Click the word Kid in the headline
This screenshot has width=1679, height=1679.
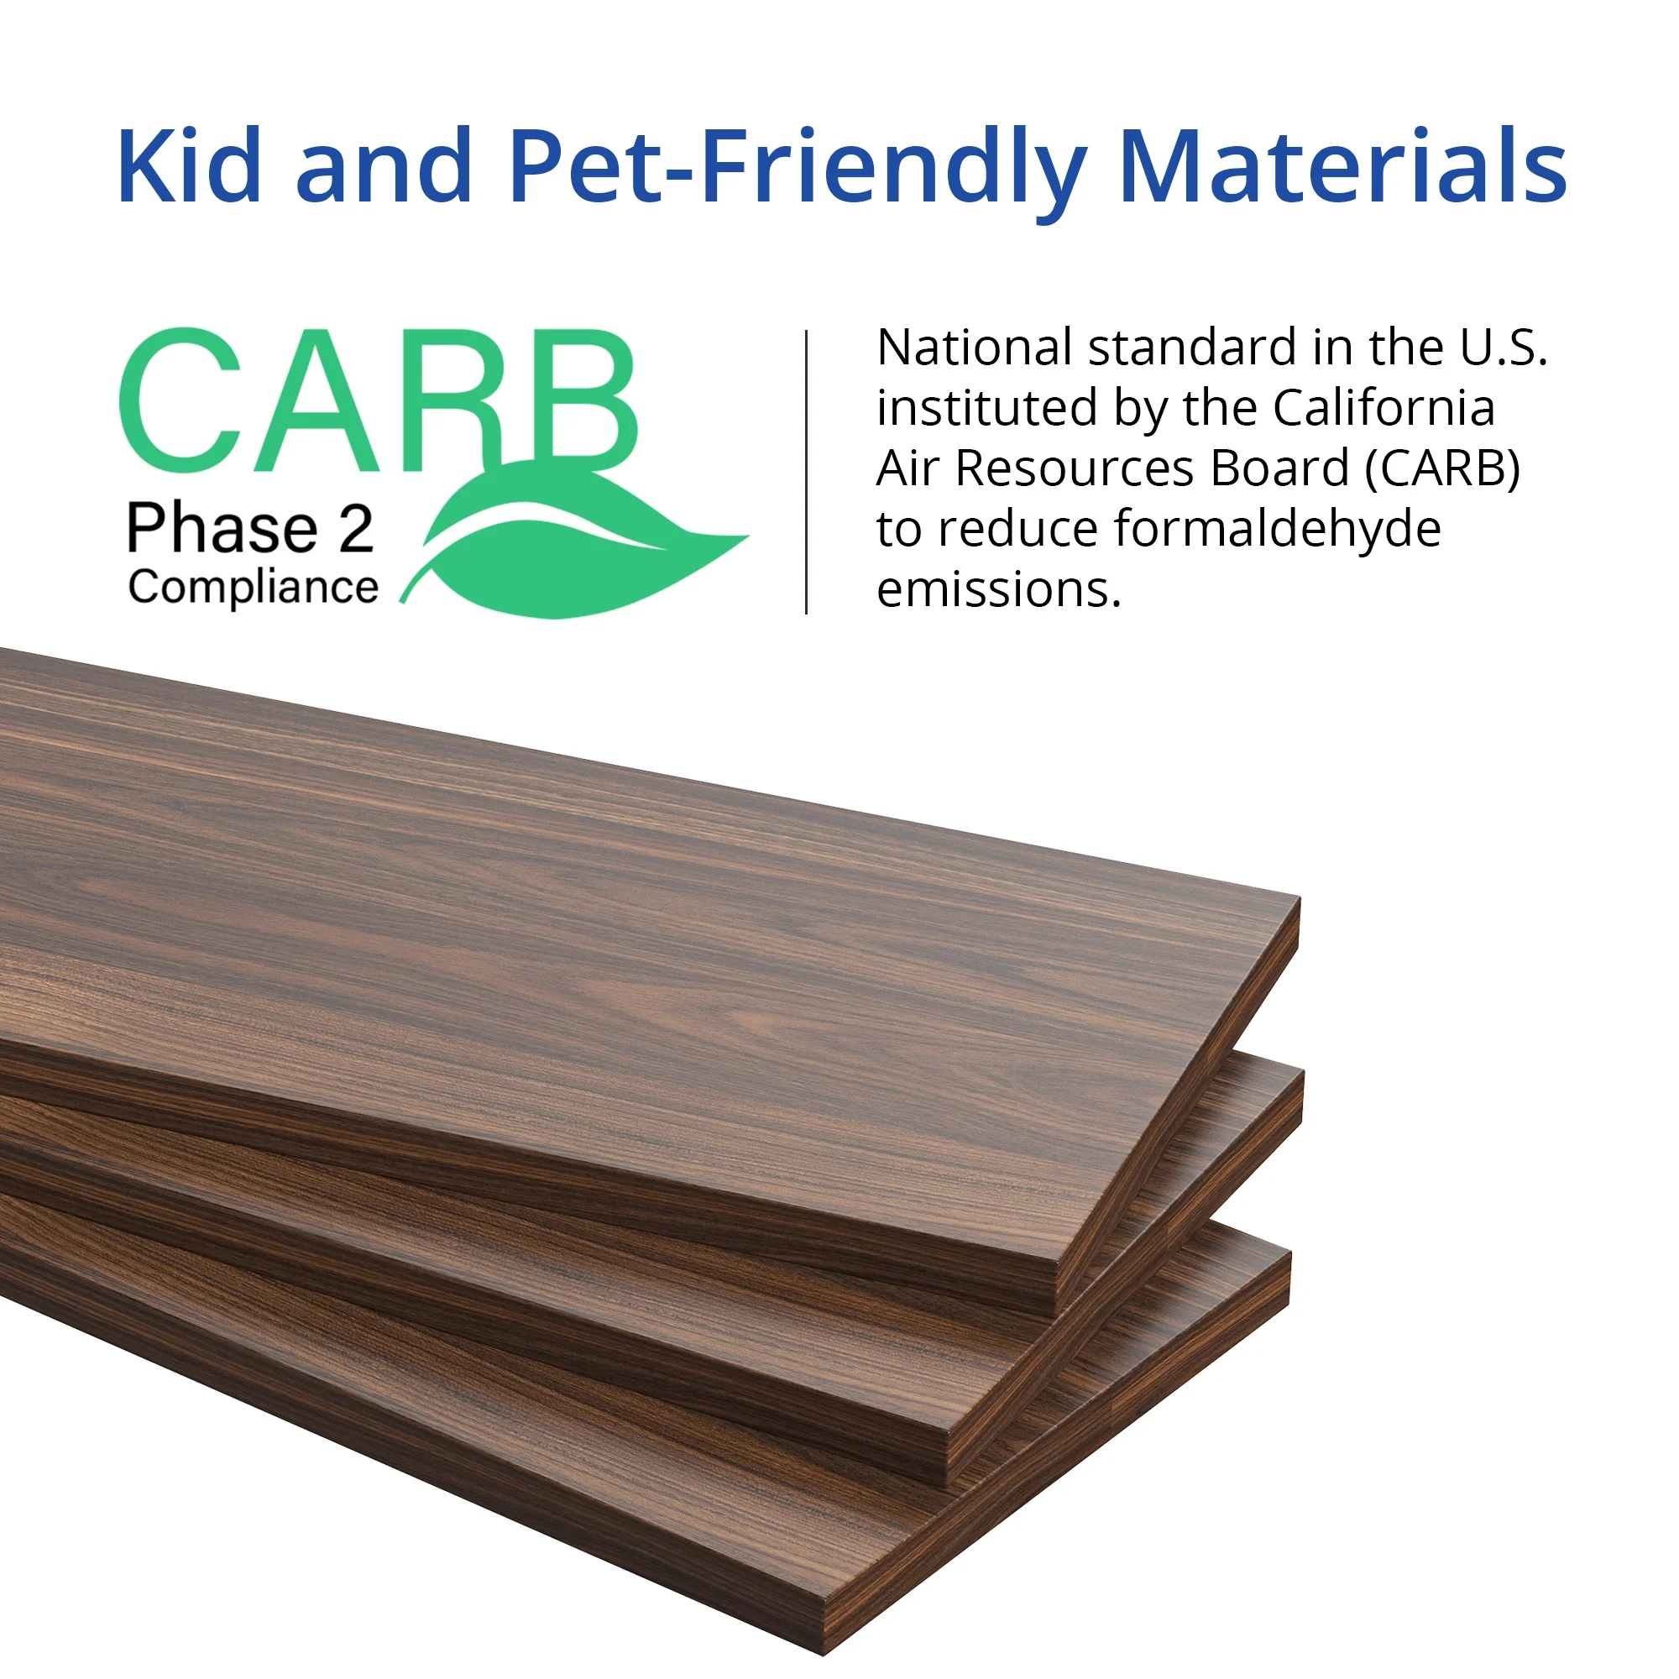(190, 165)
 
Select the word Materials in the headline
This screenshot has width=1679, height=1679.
(1343, 165)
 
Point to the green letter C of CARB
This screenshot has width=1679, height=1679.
(180, 400)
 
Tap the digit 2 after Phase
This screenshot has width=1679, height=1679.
(356, 528)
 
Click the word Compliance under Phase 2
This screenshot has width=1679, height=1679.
(253, 588)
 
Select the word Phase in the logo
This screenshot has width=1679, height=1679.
(223, 527)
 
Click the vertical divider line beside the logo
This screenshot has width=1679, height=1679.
(807, 472)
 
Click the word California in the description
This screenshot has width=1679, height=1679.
(1383, 408)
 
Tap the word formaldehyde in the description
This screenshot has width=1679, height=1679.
(1278, 529)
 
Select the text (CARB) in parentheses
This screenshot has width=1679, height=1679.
(1442, 469)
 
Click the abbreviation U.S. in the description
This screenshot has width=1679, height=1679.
(1504, 348)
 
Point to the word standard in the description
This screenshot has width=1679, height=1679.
(1193, 348)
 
